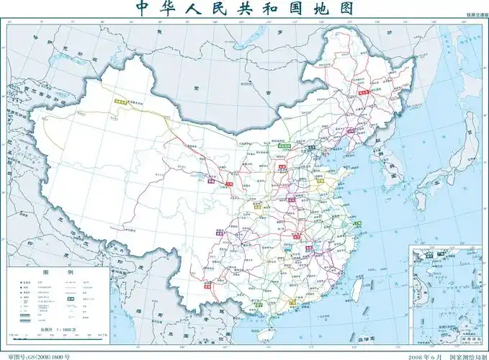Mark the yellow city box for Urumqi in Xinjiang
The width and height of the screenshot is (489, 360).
coord(119,103)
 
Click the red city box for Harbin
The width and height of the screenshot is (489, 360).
coord(363,91)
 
